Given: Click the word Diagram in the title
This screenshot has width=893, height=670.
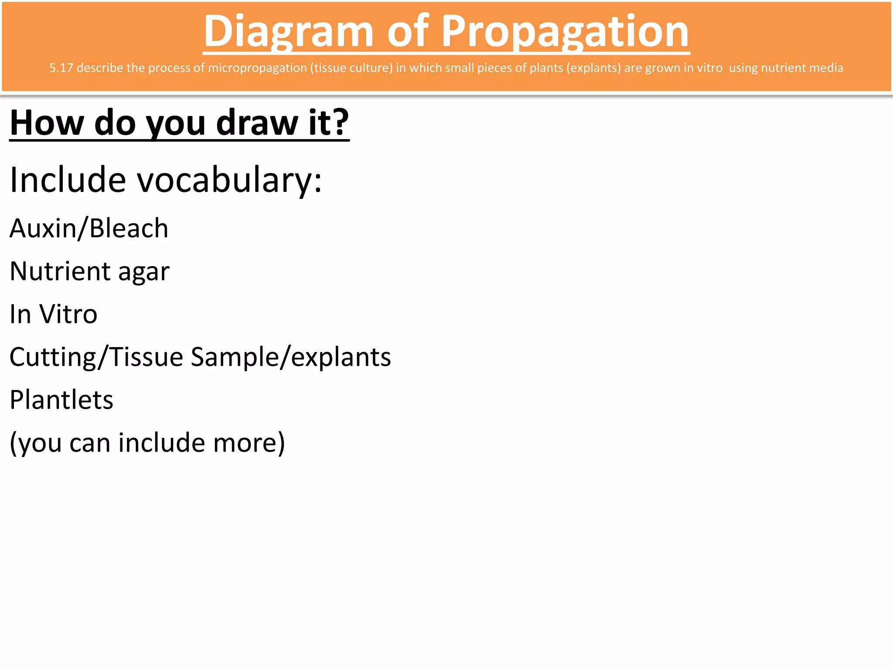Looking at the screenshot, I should pos(288,31).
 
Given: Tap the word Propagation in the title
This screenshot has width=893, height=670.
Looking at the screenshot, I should pos(565,31).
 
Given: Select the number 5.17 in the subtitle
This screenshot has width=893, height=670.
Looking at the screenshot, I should pos(61,68).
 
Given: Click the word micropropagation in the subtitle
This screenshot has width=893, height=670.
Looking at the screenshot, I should pos(257,68).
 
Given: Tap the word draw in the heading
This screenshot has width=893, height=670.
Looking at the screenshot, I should pos(257,123).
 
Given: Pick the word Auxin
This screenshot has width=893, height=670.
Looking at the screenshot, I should pos(43,229).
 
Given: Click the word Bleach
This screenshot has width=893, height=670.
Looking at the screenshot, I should pos(129,229).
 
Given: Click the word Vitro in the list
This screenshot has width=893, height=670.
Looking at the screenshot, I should pos(68,314).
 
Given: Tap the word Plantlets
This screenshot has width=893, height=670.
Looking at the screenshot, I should pos(61,400).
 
